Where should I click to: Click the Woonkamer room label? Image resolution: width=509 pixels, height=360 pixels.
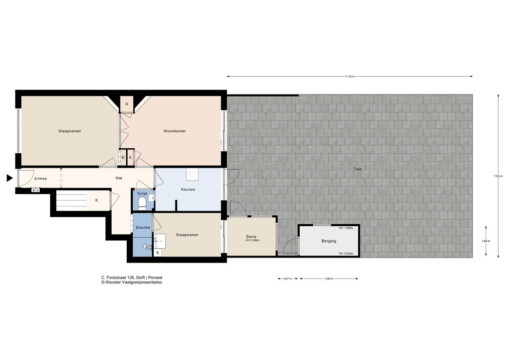[x=174, y=131]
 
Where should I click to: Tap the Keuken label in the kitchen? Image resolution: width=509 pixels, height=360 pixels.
[x=188, y=189]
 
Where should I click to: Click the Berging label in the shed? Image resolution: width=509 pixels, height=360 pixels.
[x=329, y=241]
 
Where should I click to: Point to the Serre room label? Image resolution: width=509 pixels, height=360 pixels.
[x=251, y=236]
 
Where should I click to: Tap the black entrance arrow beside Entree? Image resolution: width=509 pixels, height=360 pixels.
[x=9, y=178]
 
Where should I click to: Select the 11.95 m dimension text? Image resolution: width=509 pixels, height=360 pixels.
[x=350, y=77]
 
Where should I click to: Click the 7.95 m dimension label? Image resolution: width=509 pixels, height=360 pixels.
[x=498, y=176]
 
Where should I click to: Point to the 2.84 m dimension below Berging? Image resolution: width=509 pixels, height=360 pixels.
[x=328, y=278]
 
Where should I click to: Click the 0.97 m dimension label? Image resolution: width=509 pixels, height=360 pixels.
[x=287, y=278]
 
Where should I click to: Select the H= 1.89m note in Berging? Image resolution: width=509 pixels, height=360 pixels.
[x=345, y=228]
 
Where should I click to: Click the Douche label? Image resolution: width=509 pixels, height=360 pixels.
[x=143, y=227]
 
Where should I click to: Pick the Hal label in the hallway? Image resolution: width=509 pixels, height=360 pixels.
[x=119, y=178]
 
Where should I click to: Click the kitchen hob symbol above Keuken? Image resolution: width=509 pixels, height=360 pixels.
[x=192, y=175]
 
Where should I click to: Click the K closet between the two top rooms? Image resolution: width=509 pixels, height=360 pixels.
[x=127, y=104]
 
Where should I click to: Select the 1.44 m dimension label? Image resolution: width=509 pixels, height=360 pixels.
[x=485, y=241]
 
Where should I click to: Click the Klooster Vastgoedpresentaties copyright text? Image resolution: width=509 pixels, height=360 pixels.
[x=132, y=282]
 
